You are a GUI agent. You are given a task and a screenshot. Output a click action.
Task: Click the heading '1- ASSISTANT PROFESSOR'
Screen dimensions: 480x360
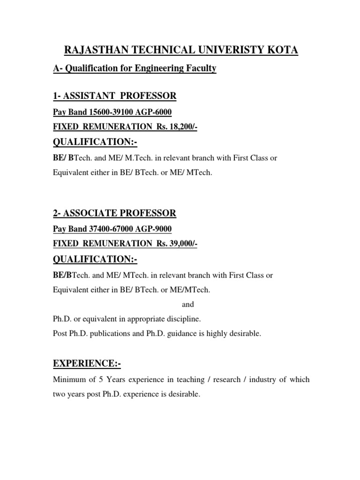click(114, 96)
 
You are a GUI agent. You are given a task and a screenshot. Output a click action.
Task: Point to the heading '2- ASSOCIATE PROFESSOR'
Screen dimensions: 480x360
click(114, 213)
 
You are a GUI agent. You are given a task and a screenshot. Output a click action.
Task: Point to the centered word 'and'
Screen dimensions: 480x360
click(187, 304)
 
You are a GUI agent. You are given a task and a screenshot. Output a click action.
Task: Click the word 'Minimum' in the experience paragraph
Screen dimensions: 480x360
click(68, 380)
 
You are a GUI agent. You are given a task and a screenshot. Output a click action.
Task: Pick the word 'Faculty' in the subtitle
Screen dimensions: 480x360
click(202, 69)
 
